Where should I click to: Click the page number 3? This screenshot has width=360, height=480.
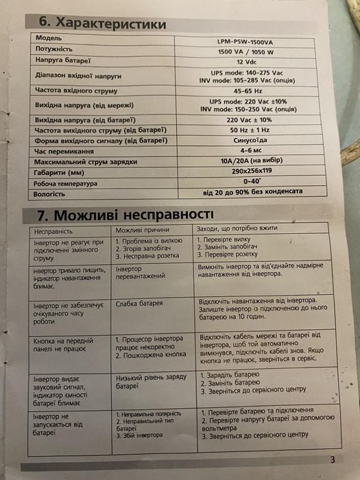(x=333, y=460)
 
